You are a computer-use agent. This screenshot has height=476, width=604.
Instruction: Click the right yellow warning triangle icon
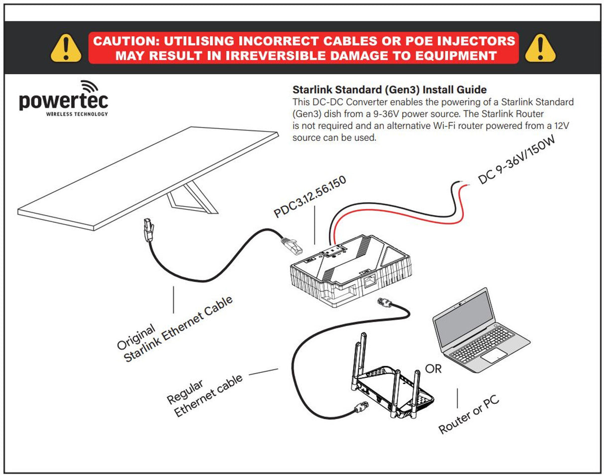[x=540, y=48]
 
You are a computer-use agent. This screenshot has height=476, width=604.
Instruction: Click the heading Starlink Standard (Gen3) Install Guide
[x=389, y=90]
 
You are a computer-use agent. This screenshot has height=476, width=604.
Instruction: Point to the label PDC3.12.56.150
[x=310, y=197]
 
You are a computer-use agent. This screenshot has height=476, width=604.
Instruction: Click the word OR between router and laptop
[x=433, y=369]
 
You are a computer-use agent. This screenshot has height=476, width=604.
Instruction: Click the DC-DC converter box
[x=348, y=274]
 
